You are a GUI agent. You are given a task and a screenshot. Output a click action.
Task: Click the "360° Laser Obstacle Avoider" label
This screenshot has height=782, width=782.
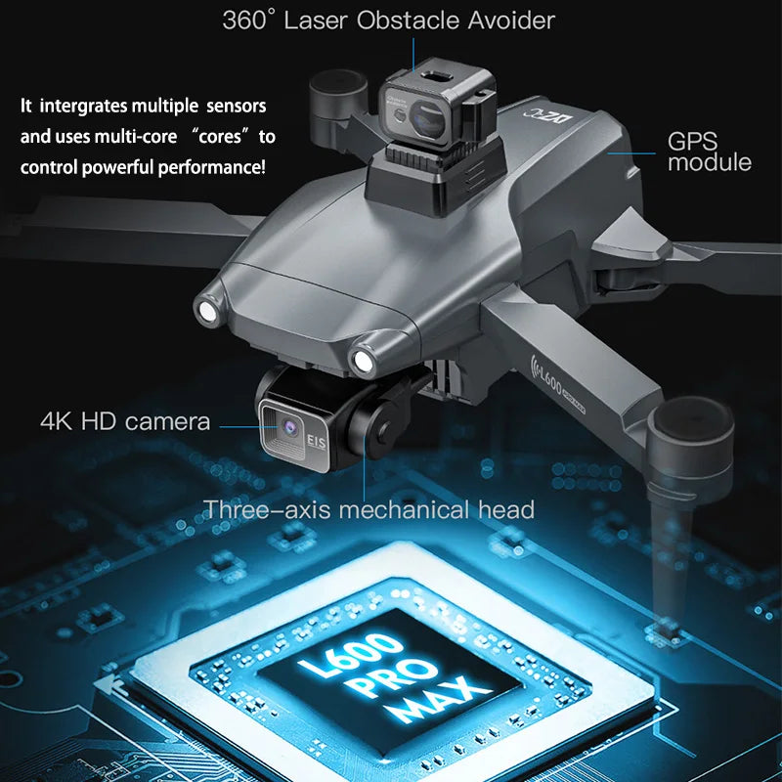(388, 20)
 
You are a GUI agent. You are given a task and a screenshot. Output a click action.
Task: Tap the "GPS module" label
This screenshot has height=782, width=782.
(709, 151)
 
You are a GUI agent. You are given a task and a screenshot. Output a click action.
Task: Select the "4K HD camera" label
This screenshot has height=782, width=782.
(125, 422)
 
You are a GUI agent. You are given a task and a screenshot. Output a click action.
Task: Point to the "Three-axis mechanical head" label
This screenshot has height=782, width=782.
(369, 509)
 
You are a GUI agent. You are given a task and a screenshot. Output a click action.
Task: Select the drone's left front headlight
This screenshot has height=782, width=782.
(207, 312)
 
